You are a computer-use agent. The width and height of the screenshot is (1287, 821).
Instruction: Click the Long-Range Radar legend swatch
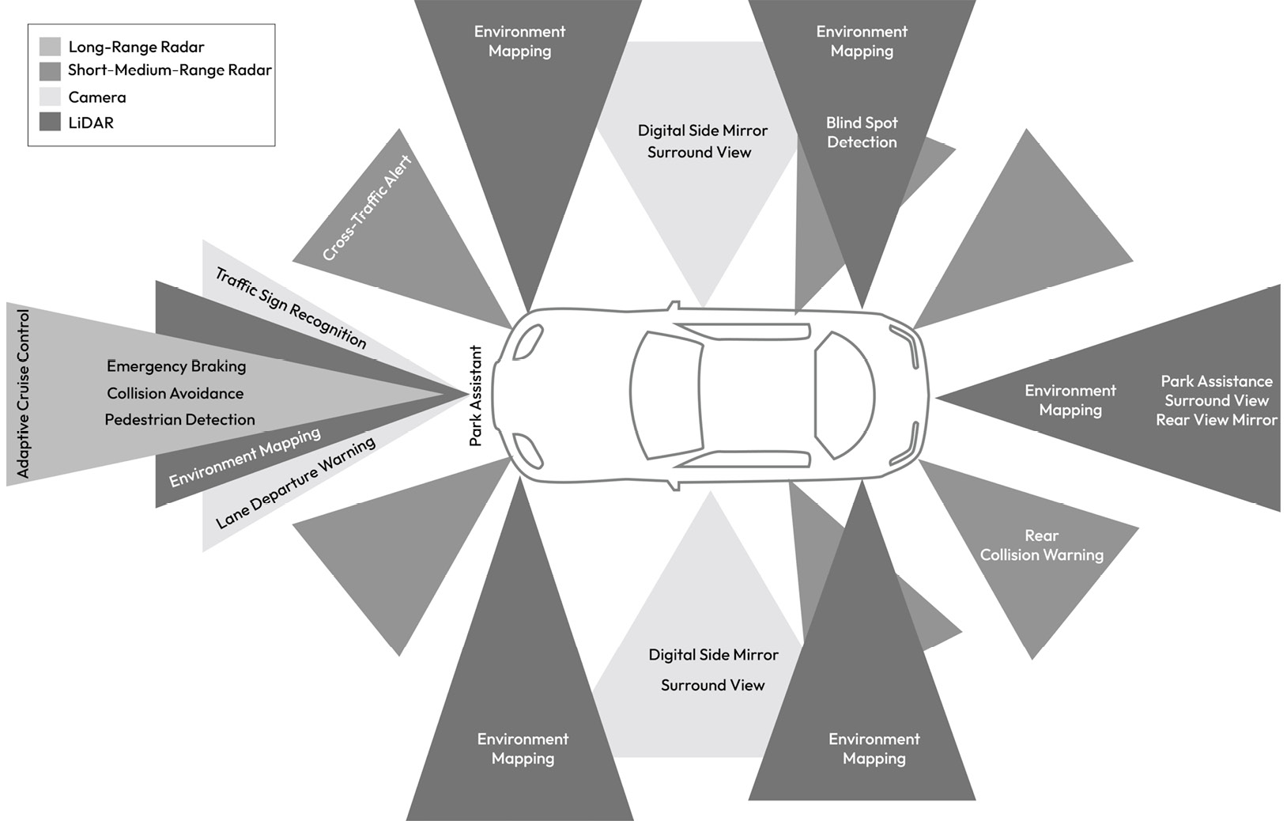coord(50,47)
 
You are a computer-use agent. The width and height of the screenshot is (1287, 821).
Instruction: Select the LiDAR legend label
coord(91,123)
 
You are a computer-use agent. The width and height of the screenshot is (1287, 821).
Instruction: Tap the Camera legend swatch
coord(50,96)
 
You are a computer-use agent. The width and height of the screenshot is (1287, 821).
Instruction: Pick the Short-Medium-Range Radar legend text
coord(169,70)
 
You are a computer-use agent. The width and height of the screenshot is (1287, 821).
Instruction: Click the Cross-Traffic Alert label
coord(367,208)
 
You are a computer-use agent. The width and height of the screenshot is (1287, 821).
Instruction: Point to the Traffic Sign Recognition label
coord(291,308)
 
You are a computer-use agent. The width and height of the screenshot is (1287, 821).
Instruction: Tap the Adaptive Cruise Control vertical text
coord(23,393)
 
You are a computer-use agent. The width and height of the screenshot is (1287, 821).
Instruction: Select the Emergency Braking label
coord(176,366)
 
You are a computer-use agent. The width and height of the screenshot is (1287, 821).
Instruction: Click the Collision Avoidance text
coord(175,393)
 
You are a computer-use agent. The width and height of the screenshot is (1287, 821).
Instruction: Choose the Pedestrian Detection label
coord(179,419)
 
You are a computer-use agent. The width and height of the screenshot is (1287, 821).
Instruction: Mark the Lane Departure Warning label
coord(295,482)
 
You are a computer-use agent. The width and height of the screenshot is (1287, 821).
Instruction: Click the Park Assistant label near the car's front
coord(476,395)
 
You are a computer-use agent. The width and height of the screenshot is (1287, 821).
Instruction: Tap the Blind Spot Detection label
coord(862,132)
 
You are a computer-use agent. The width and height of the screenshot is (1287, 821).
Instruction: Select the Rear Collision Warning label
coord(1041,545)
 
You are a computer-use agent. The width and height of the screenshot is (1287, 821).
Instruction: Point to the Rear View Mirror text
coord(1216,420)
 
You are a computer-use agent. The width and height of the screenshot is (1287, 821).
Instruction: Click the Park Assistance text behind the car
coord(1216,381)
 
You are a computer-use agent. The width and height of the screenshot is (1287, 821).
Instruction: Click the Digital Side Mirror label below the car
coord(713,655)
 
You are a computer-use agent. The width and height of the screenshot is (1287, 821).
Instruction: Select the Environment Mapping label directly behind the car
coord(1070,399)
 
